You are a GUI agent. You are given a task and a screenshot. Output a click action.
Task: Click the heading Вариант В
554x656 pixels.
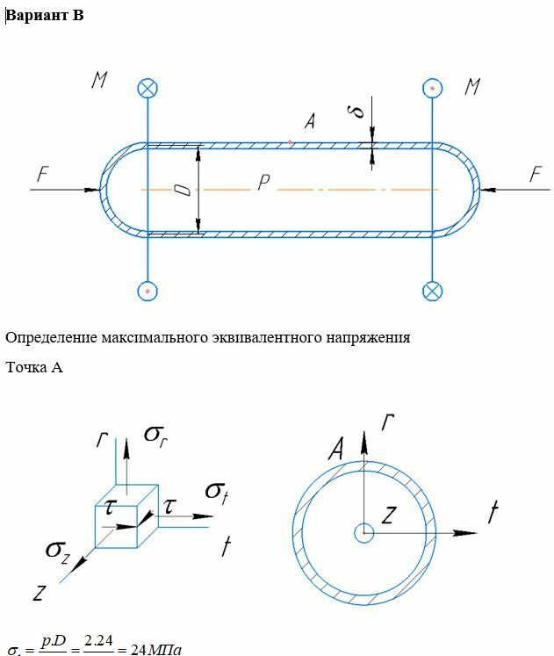click(45, 16)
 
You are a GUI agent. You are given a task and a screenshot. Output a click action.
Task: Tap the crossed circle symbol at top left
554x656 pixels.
click(148, 87)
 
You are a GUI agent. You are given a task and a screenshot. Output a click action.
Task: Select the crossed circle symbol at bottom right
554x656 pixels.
click(432, 290)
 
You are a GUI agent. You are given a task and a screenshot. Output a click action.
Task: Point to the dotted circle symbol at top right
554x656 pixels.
click(432, 87)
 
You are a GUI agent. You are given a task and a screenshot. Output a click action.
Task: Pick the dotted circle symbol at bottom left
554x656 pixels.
click(148, 290)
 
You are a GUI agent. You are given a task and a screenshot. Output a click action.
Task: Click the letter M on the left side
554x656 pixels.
click(99, 81)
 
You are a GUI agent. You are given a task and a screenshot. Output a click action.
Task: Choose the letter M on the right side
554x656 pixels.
click(473, 86)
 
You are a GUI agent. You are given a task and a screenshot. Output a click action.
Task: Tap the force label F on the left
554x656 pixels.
click(41, 175)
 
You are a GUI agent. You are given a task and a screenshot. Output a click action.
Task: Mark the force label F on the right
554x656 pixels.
click(535, 174)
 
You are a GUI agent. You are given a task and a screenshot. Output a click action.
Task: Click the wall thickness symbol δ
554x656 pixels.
click(356, 113)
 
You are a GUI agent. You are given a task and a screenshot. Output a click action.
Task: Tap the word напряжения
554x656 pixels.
click(371, 337)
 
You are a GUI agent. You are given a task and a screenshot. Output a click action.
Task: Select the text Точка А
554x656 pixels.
click(34, 367)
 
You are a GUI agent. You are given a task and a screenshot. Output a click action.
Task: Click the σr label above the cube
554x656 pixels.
click(153, 435)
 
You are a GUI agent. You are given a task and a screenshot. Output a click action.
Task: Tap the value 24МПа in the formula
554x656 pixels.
click(155, 650)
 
